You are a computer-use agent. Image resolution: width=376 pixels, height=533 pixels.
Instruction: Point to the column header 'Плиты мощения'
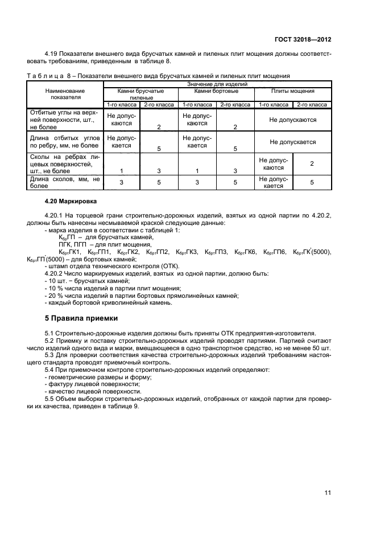[292, 91]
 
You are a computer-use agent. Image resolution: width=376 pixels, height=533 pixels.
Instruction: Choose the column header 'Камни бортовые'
[216, 91]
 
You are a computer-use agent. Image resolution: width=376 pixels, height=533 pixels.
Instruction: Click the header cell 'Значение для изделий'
[216, 84]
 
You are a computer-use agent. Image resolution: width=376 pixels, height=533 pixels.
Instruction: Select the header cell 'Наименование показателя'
[65, 94]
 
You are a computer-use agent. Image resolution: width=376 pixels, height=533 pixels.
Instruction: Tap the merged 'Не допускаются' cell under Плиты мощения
[292, 120]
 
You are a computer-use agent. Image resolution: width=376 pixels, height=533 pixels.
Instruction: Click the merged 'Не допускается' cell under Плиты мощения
[292, 142]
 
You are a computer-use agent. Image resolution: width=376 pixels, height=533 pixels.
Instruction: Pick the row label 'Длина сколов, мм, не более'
[65, 182]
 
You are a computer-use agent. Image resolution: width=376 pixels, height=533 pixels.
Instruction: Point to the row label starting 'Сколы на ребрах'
[65, 162]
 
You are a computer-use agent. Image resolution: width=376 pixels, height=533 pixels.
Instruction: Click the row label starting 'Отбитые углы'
[65, 120]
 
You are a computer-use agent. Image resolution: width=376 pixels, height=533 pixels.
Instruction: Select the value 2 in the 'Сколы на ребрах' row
[311, 164]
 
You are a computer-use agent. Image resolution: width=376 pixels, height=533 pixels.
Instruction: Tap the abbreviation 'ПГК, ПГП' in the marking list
[73, 244]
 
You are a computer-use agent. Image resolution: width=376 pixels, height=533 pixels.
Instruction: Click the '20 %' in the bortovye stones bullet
[54, 295]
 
